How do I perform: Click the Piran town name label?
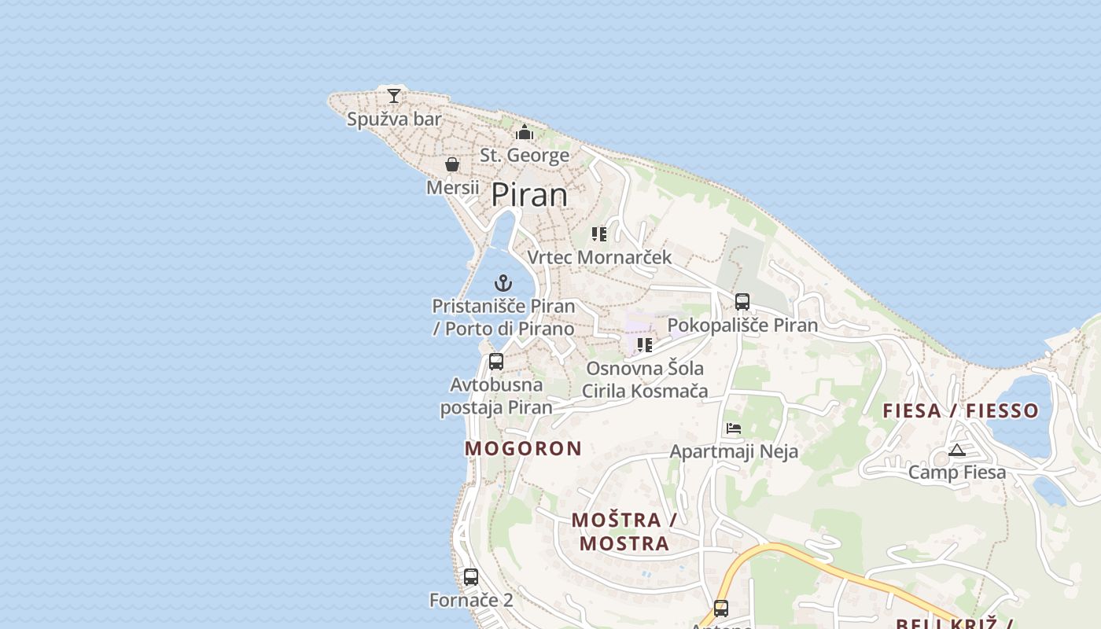point(529,195)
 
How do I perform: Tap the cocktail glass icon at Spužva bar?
point(394,96)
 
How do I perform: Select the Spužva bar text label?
point(394,120)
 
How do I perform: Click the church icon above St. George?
point(525,132)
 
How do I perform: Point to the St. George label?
point(525,155)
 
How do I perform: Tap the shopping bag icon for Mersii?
point(452,164)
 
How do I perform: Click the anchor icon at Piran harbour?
point(503,283)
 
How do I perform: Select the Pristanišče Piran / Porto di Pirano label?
point(503,317)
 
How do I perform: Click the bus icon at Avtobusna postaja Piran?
point(496,362)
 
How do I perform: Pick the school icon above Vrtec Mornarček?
point(599,234)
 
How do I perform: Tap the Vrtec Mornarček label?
point(599,257)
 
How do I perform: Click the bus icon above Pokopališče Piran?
point(742,302)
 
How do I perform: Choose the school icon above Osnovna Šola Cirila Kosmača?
point(645,345)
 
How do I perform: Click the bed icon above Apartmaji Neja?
point(734,429)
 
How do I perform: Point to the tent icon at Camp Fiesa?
point(956,450)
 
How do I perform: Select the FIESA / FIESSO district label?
point(960,410)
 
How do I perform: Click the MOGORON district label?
point(523,448)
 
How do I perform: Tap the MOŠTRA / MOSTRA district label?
point(624,532)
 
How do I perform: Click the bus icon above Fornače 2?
point(471,577)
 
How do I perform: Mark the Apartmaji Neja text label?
point(734,451)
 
